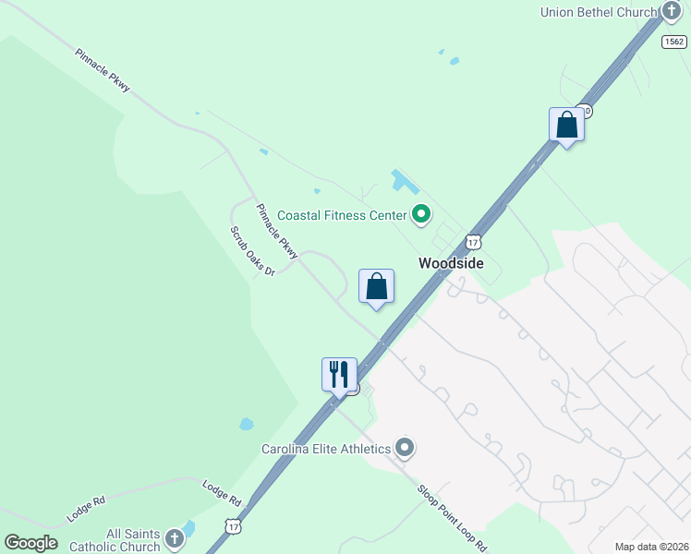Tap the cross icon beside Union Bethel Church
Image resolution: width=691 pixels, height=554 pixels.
pos(672,11)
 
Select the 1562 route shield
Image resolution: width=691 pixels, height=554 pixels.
pos(674,41)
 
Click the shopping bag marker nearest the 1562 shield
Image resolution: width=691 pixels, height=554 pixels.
pos(566,126)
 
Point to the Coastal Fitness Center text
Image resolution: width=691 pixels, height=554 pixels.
pos(343,215)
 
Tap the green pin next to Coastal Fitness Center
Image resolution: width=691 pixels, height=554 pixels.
pos(421,215)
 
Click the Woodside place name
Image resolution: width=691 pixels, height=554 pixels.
pos(451,263)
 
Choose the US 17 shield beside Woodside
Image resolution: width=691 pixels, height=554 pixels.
pos(473,242)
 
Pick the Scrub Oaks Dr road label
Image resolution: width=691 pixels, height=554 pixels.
pos(252,251)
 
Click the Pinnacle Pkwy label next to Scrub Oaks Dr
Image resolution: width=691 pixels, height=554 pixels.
pos(277,230)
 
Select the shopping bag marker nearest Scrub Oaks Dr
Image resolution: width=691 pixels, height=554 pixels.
pos(376,286)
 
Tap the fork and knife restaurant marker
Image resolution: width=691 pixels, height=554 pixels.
pos(339,375)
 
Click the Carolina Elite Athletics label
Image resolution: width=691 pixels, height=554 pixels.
pos(325,449)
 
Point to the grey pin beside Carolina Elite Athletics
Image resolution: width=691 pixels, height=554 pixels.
pos(405,449)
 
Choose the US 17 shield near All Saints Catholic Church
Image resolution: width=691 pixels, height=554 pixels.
pos(234,526)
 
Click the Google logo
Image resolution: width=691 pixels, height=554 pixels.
pos(30,542)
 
